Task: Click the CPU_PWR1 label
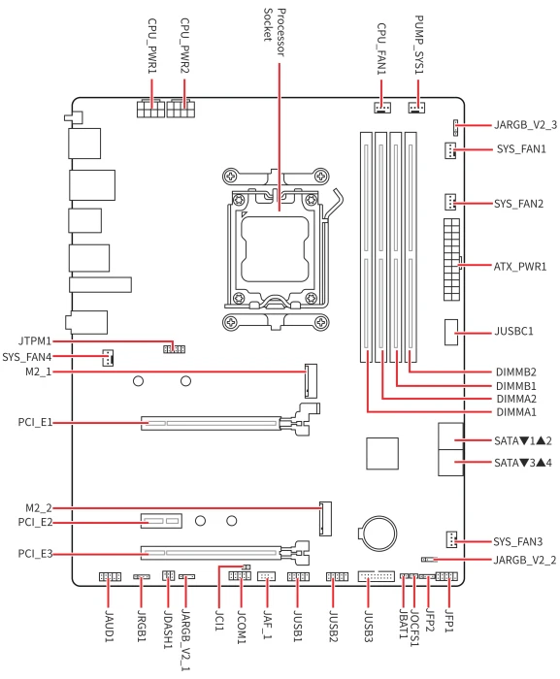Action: click(x=152, y=46)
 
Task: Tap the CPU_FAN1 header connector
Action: click(x=382, y=107)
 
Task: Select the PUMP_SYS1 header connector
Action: click(x=416, y=107)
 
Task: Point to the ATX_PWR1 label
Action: click(x=520, y=267)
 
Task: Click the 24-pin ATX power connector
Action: click(x=451, y=259)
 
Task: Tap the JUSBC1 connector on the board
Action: click(x=450, y=332)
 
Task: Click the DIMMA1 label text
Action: click(x=516, y=412)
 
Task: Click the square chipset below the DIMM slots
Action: click(x=382, y=453)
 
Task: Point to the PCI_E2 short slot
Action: click(x=161, y=521)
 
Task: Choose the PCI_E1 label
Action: click(x=35, y=422)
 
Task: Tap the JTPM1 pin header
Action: click(x=175, y=349)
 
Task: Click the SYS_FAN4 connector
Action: click(x=108, y=358)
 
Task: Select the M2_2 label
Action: click(x=39, y=508)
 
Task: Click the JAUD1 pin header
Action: click(x=110, y=576)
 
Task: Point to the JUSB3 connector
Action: click(x=376, y=576)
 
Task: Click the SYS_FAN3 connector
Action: click(x=451, y=539)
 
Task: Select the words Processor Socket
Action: click(x=275, y=32)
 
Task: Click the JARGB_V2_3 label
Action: click(x=526, y=125)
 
